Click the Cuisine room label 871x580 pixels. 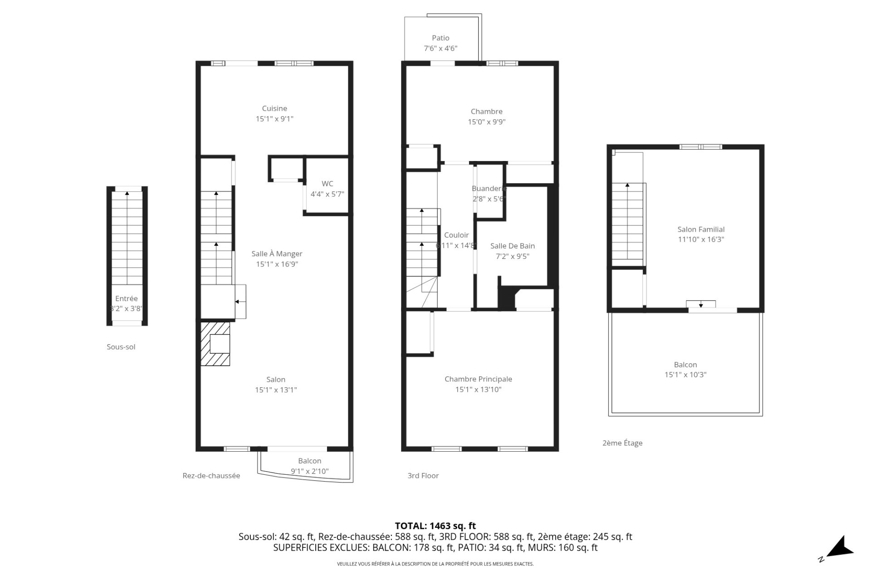click(x=274, y=108)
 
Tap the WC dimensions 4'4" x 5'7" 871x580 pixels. click(x=327, y=194)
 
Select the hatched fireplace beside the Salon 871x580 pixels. click(x=215, y=344)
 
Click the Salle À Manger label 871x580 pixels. click(x=277, y=254)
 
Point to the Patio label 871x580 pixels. click(x=440, y=38)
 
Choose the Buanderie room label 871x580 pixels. click(x=489, y=189)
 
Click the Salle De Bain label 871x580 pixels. click(x=512, y=246)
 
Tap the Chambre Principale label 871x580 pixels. click(x=478, y=379)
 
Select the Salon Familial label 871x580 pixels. click(x=701, y=229)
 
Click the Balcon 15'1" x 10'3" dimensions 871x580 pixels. click(x=685, y=375)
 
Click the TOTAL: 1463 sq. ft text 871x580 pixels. click(x=435, y=526)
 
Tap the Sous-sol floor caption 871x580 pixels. click(x=121, y=347)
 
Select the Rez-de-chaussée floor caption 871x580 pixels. click(x=211, y=476)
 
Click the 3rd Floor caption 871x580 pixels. click(x=423, y=476)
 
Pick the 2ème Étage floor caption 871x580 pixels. click(x=622, y=443)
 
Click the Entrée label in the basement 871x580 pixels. click(x=126, y=298)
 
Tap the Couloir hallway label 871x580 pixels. click(x=456, y=235)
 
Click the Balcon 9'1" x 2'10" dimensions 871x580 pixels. click(x=309, y=471)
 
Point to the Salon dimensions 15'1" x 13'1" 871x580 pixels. click(x=276, y=390)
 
